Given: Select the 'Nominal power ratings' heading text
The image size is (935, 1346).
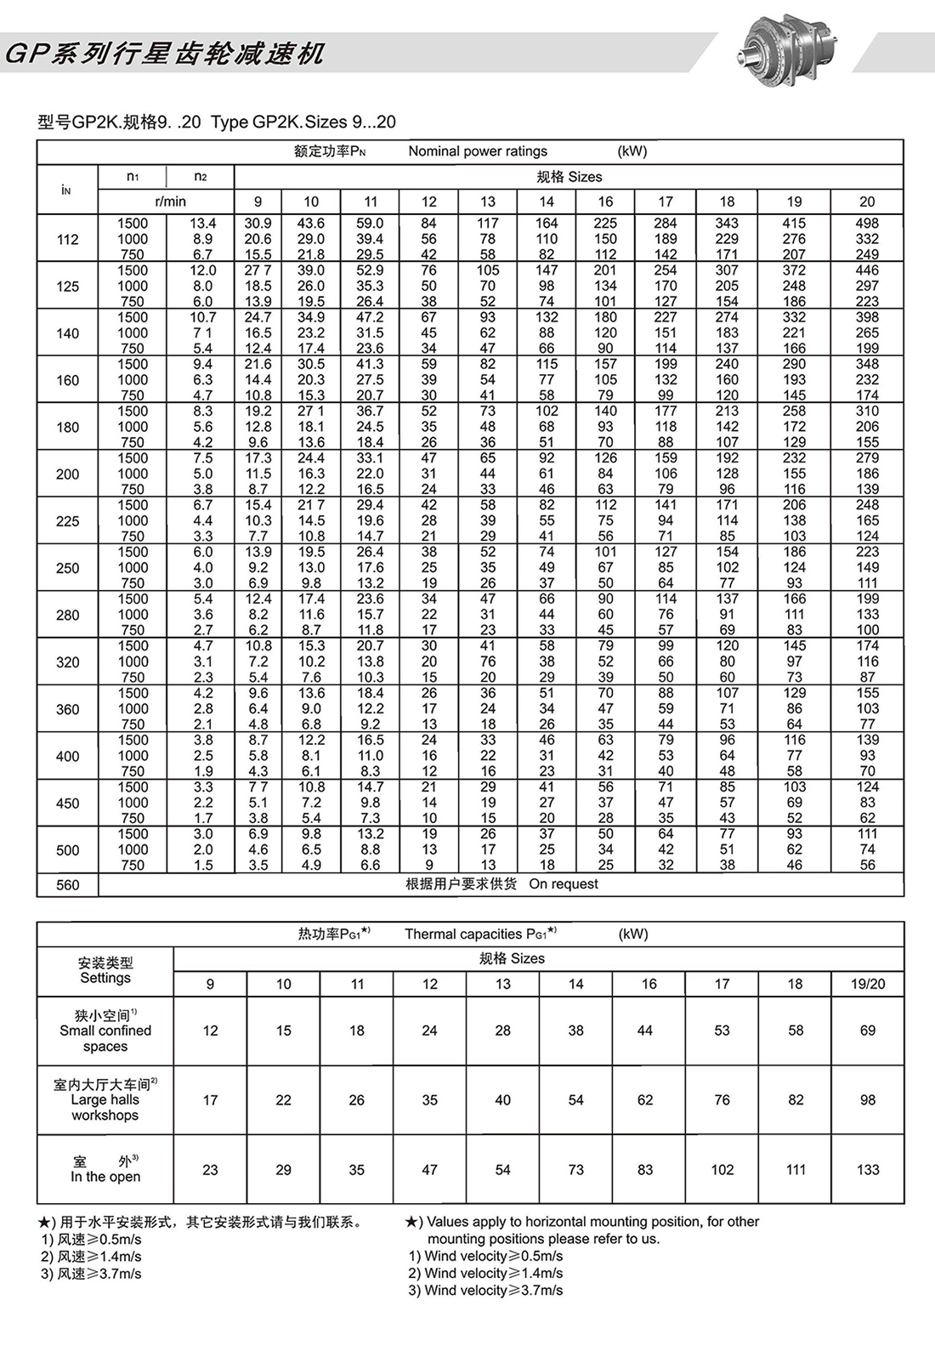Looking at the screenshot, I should point(478,151).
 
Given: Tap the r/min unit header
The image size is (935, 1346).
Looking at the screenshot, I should point(170,202).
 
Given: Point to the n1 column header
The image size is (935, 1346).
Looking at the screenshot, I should point(133,177).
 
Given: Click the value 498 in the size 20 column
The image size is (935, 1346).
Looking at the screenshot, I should point(867,224).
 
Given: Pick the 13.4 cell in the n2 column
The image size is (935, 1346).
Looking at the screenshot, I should point(201,224).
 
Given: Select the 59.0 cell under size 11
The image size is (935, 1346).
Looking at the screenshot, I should point(370,224).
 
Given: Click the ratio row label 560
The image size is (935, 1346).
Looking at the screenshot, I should point(67,885).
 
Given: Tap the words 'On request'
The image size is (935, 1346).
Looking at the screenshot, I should point(564,884).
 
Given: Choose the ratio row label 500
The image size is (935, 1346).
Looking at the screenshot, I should point(67,850).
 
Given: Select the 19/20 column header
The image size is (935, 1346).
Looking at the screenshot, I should point(868,984).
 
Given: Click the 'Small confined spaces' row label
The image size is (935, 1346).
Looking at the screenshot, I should point(105,1031).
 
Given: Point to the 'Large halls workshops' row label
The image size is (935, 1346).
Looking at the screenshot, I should point(105,1100).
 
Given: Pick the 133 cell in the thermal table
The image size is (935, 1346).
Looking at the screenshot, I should point(868,1170).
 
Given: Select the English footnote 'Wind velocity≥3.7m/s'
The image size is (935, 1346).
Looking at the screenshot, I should point(485,1290).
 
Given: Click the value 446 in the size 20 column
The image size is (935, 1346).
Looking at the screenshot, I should point(867,270).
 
